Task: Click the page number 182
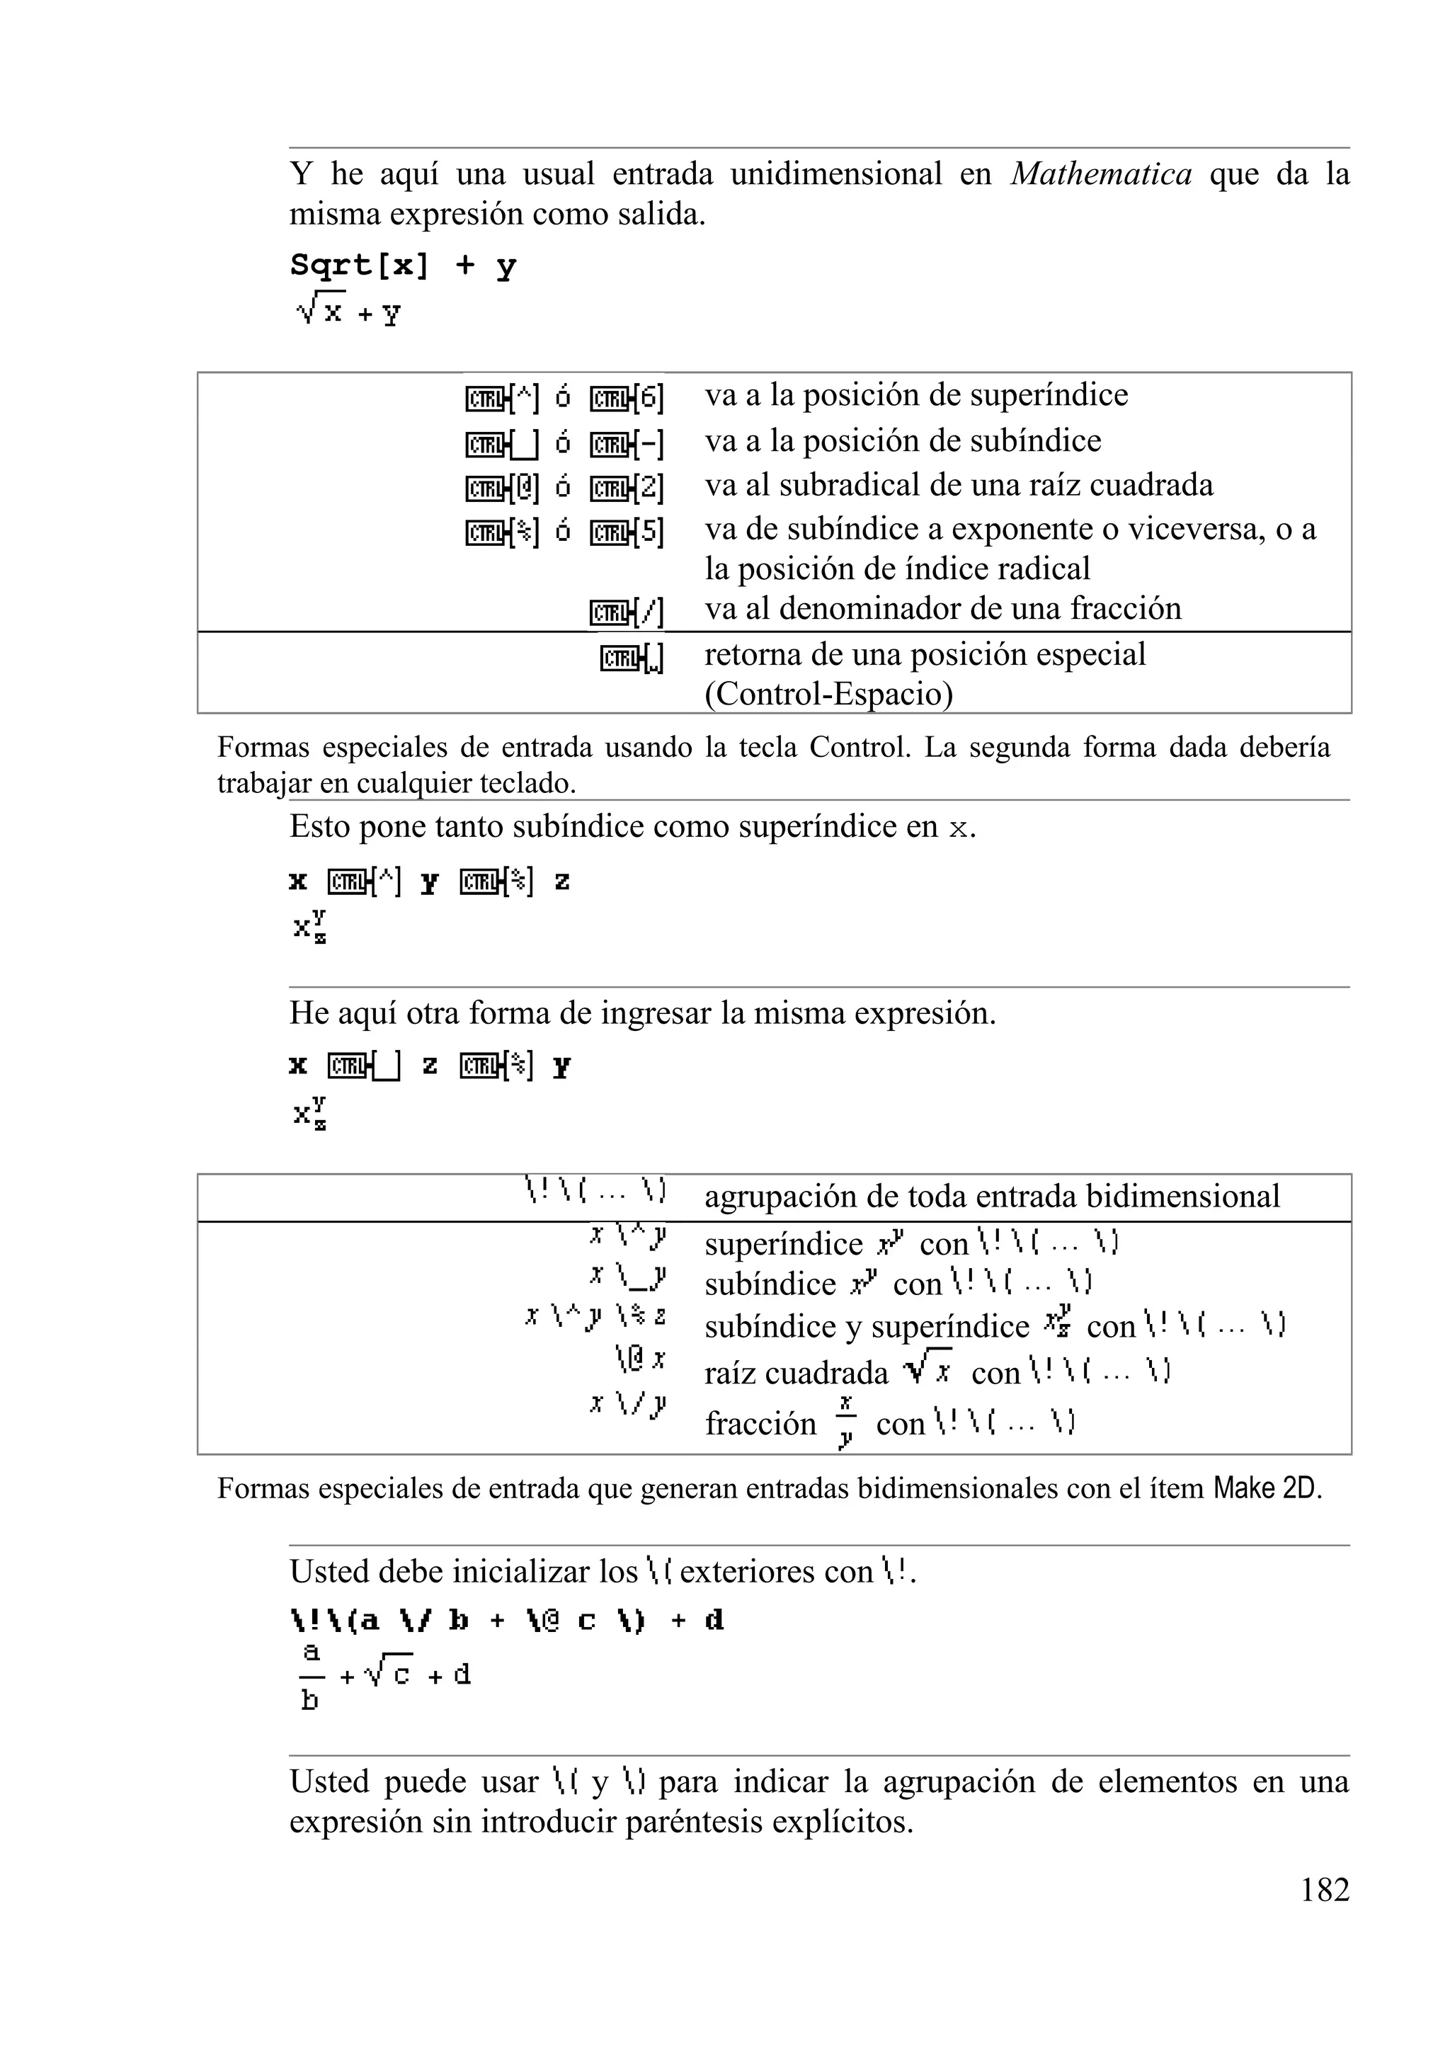click(1324, 1888)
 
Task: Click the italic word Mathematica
click(1101, 173)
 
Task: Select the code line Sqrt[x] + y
click(403, 266)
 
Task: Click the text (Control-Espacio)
click(828, 694)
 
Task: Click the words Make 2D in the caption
click(1265, 1488)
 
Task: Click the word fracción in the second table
click(760, 1422)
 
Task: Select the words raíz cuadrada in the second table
click(796, 1372)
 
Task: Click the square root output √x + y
click(349, 312)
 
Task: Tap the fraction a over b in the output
click(309, 1674)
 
